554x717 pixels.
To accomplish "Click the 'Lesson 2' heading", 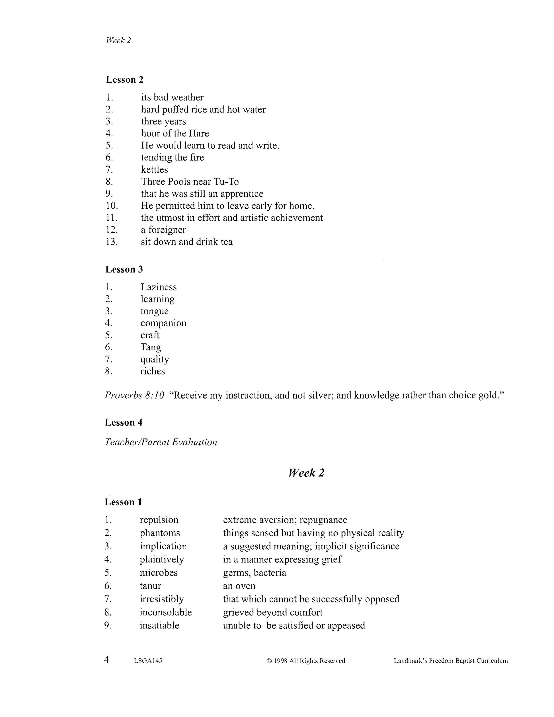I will [124, 80].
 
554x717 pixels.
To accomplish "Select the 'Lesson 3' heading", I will [124, 270].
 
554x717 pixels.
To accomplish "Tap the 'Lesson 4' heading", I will [124, 423].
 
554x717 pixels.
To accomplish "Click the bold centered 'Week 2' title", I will [306, 473].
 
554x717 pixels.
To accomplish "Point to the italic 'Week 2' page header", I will [118, 40].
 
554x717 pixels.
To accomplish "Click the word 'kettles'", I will [154, 170].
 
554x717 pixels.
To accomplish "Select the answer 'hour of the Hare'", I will [175, 133].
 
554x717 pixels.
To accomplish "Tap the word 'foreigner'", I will [167, 230].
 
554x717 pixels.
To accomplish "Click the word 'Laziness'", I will [159, 287].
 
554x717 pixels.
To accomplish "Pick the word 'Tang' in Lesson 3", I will [151, 347].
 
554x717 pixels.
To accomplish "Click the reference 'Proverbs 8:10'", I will [134, 395].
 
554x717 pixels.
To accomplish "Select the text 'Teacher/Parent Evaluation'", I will [161, 442].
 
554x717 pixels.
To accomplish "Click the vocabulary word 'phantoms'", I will [160, 533].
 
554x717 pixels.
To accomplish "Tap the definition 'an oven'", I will [239, 586].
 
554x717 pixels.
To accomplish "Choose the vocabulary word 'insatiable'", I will [159, 625].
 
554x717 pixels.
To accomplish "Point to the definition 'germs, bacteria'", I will [254, 573].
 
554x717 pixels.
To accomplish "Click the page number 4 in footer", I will [107, 660].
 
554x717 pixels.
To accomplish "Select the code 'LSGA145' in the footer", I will [148, 661].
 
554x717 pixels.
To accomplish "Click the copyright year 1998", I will [280, 661].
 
